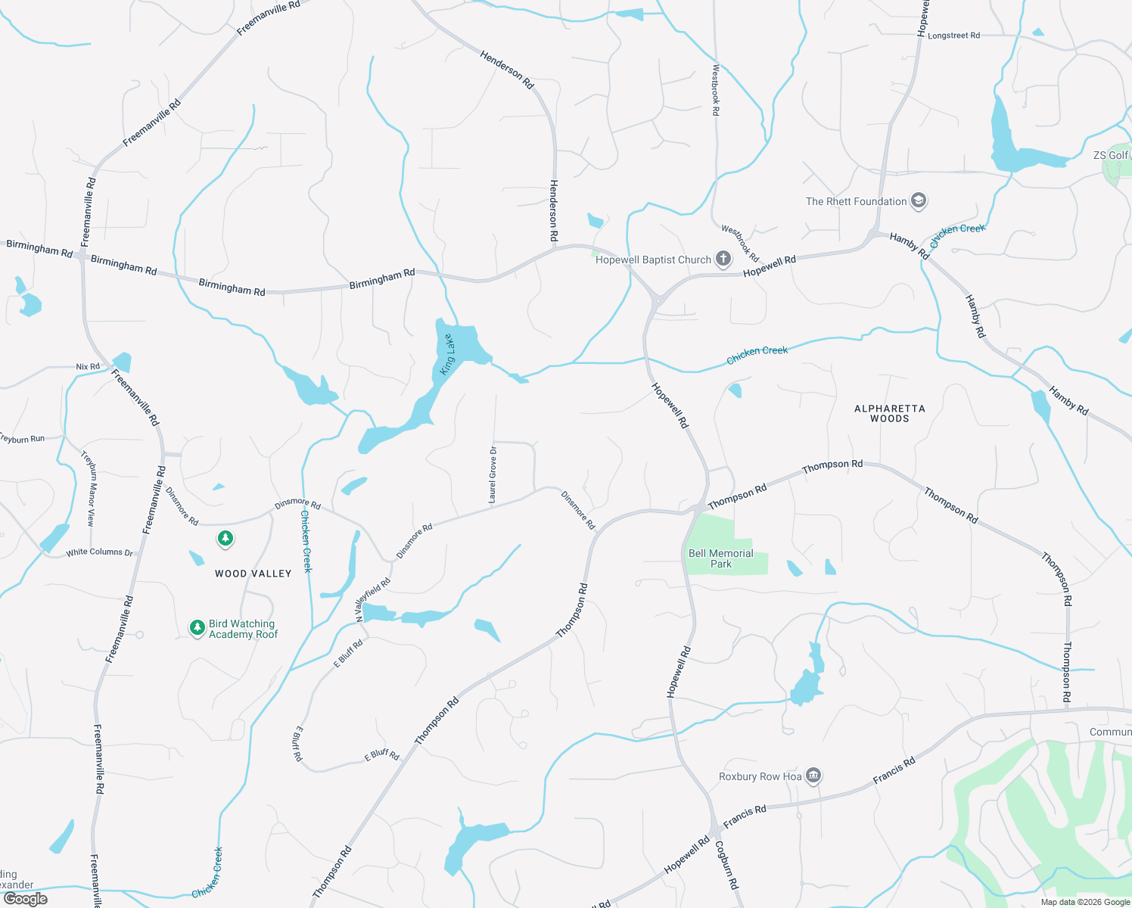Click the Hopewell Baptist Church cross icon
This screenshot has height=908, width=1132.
723,260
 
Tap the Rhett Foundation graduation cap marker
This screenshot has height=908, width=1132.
919,201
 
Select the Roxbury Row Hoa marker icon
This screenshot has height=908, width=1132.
813,776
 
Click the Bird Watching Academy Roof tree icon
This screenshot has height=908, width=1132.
197,628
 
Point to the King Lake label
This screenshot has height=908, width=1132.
448,354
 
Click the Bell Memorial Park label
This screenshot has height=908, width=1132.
720,558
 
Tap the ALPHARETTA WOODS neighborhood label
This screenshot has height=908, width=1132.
889,413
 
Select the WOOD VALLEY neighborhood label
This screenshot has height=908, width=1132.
253,574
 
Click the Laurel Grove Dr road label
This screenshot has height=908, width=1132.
493,475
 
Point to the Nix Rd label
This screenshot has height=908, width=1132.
88,367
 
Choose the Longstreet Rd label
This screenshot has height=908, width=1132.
953,36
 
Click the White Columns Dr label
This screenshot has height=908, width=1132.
99,552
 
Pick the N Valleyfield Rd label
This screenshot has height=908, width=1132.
373,599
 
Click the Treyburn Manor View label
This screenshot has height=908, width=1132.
89,489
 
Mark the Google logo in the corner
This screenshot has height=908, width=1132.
26,898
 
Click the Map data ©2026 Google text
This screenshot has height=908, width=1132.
1085,902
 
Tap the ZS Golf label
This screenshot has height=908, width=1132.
1110,155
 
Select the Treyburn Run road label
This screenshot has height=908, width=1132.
23,439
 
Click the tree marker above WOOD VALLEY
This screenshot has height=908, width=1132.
225,539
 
